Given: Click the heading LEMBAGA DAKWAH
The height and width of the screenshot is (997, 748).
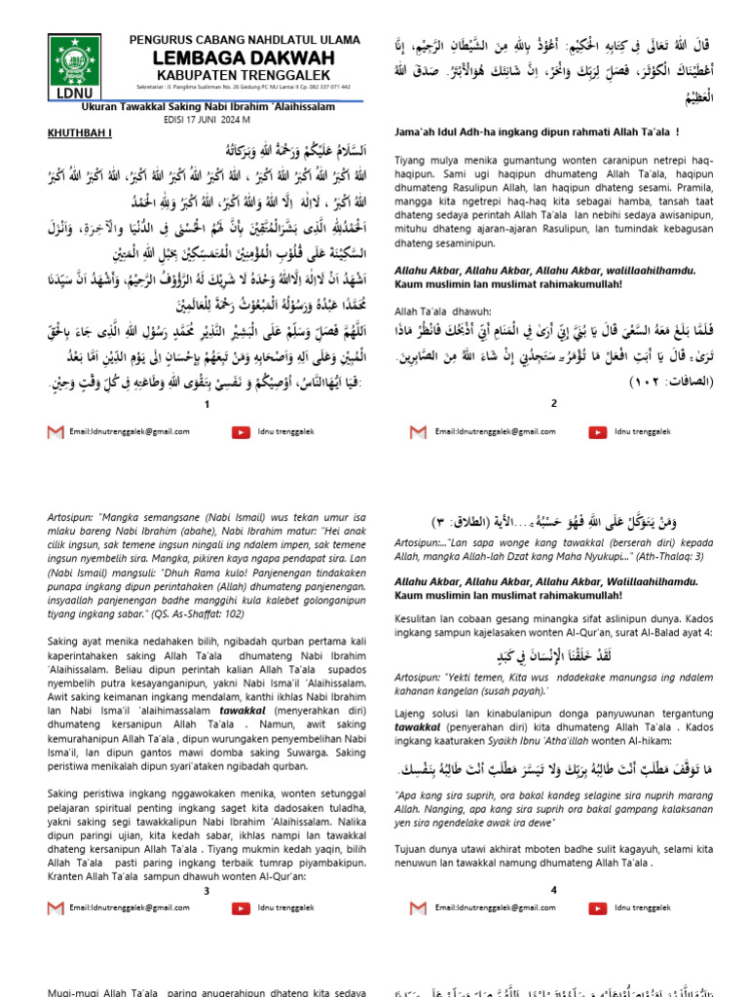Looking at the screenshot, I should [244, 59].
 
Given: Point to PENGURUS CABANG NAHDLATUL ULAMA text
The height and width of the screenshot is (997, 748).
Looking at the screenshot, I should [244, 40].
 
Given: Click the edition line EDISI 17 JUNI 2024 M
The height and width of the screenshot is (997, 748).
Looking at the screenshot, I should [206, 120].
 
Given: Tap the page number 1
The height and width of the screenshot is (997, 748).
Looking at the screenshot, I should [206, 402].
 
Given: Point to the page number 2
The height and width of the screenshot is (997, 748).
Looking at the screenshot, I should [553, 402].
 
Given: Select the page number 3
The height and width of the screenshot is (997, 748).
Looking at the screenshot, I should [206, 890].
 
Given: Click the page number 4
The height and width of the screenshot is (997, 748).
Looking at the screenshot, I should [553, 890].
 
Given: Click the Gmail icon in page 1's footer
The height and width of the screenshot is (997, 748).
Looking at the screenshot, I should [56, 431].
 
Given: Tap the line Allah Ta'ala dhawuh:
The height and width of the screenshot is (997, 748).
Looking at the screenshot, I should [431, 310].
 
